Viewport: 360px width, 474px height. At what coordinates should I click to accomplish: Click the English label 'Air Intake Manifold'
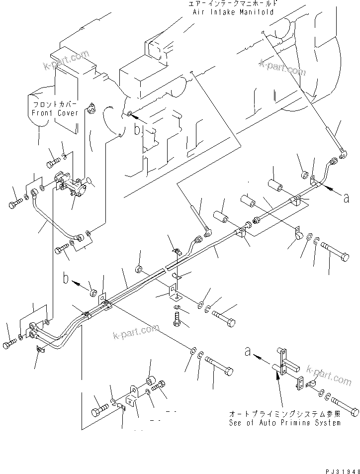233,12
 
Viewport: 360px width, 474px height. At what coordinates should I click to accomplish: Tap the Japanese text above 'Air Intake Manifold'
233,3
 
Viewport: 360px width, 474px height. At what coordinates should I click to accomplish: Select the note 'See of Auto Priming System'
285,422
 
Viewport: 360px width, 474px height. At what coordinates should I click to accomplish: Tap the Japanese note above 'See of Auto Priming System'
285,414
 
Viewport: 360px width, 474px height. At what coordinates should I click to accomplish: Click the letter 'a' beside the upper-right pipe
346,198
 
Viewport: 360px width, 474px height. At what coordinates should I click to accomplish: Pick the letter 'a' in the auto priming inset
247,352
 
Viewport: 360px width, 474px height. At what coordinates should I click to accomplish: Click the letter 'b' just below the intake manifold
138,130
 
